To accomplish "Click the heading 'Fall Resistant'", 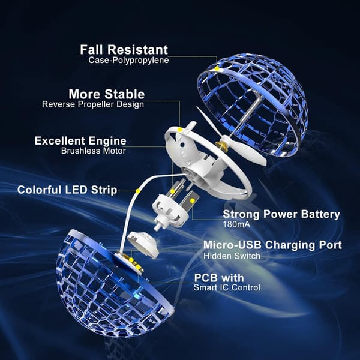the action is tap(124, 50).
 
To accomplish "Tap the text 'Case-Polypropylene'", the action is tap(128, 60).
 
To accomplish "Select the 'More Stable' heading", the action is tap(107, 94).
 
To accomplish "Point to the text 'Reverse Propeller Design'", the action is tap(93, 104).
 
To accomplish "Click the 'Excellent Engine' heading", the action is tap(80, 141).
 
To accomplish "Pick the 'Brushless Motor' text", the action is tap(94, 151).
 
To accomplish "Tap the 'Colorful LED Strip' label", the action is tap(67, 190).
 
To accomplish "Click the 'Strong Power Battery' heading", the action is tap(281, 214).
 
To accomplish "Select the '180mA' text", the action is tap(236, 224).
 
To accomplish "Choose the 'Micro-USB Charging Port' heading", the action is tap(272, 245).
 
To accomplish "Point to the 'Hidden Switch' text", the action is tap(232, 256).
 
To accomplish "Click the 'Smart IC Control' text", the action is tap(227, 287).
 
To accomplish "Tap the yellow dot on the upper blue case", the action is tap(217, 68).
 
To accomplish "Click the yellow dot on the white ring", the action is tap(180, 130).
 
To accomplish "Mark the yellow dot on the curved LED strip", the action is tap(138, 191).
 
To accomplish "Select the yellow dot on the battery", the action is tap(193, 201).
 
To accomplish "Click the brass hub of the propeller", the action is tap(222, 145).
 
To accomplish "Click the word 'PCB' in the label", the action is tap(206, 278).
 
